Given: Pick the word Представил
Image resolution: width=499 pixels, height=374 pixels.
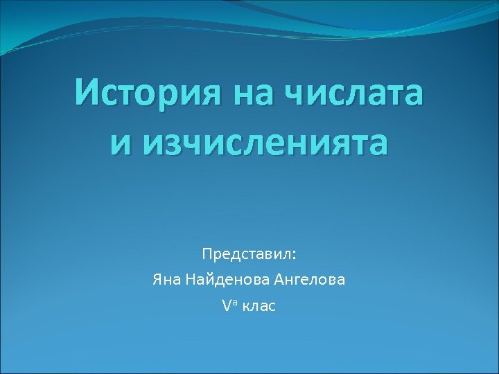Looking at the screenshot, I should [x=247, y=255].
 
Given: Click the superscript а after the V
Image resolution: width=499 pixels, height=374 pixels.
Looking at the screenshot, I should [x=234, y=301].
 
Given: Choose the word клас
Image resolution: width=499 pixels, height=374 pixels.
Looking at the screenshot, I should [x=259, y=305].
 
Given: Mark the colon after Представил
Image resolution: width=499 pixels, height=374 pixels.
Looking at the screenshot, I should [x=294, y=256].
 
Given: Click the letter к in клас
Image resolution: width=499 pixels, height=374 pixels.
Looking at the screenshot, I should [x=245, y=305].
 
